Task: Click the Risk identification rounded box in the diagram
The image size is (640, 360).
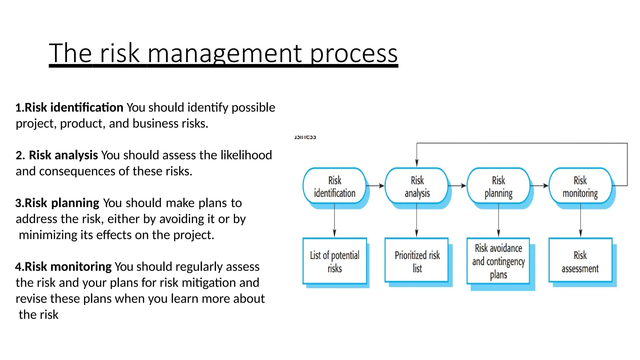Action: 334,186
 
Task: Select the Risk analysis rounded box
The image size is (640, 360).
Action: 417,186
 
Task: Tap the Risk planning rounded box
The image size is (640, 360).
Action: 498,186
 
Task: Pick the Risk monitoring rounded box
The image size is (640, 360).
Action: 580,186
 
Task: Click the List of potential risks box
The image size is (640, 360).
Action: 334,261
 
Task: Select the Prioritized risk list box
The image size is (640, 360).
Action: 417,261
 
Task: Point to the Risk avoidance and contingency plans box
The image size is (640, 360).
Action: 498,261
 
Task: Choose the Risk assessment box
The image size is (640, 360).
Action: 580,261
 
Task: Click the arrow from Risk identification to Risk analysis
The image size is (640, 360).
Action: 375,186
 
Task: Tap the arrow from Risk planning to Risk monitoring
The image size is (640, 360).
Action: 539,186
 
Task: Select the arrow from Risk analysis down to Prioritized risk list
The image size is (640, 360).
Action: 417,220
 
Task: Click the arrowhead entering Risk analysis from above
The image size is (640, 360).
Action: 417,162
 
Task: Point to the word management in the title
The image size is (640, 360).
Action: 225,53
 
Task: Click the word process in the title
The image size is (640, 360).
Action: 354,53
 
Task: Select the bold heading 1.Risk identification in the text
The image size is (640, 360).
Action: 69,107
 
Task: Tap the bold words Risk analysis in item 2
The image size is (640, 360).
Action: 63,155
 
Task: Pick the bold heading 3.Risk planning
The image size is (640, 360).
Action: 57,203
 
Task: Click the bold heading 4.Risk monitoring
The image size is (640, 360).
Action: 63,267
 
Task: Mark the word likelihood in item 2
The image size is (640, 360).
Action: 246,155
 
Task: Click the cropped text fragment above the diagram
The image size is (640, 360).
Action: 305,137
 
